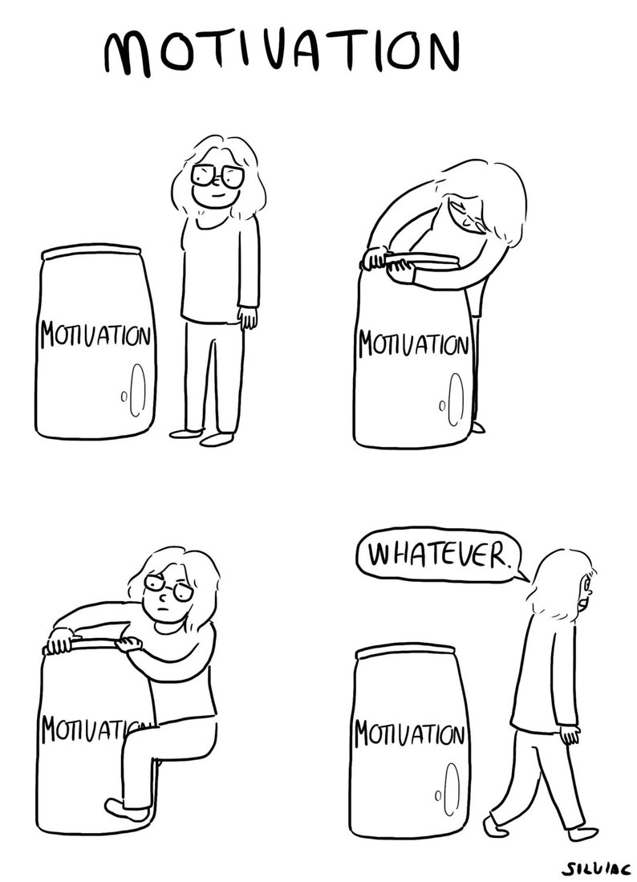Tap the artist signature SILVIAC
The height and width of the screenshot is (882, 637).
[594, 868]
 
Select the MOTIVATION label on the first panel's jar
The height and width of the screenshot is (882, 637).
[93, 333]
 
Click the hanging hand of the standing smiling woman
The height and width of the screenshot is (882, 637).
[250, 319]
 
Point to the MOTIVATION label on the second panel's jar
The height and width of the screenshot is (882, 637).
[412, 345]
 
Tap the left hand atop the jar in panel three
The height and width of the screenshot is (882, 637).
[61, 643]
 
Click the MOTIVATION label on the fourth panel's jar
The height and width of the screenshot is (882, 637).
[410, 733]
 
